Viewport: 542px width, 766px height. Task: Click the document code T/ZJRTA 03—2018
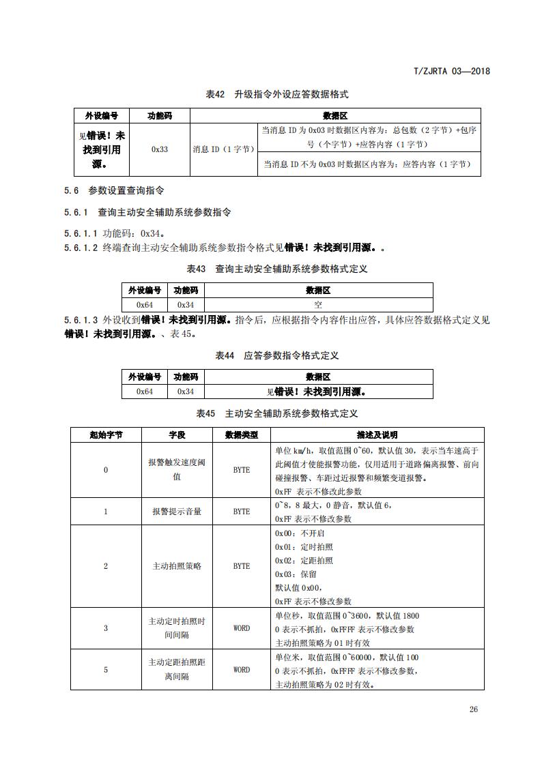pos(452,71)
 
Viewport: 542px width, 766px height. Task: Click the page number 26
pos(474,709)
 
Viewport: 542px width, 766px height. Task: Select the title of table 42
pos(277,94)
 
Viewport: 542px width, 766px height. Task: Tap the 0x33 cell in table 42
pos(160,149)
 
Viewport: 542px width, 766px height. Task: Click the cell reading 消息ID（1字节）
pos(223,149)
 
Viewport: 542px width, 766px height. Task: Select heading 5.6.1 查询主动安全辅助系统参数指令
pos(147,212)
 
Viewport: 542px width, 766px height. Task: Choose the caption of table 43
pos(277,269)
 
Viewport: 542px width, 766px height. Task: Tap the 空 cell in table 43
pos(318,305)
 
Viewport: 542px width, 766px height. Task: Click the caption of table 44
pos(277,355)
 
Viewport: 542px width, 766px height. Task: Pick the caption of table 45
pos(277,413)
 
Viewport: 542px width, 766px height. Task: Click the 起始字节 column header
pos(106,434)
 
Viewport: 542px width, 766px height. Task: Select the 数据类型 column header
pos(242,434)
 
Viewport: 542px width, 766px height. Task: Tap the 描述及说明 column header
pos(377,434)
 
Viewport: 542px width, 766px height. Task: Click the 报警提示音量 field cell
pos(177,512)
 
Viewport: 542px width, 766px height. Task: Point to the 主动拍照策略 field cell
pos(177,566)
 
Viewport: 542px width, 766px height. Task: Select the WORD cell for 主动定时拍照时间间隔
pos(242,628)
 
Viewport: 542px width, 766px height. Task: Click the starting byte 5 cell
pos(106,670)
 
